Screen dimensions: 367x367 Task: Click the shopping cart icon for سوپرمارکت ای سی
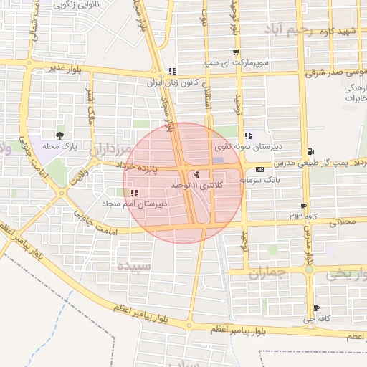(236, 52)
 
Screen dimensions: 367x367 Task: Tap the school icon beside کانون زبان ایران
(171, 71)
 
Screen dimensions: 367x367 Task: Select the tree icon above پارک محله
(59, 135)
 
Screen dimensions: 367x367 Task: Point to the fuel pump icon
(310, 151)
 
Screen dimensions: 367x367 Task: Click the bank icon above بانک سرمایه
(259, 170)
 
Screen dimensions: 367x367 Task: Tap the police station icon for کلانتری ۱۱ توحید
(197, 174)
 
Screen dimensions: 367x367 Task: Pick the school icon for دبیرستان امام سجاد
(134, 193)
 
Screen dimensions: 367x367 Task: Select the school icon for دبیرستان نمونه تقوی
(247, 135)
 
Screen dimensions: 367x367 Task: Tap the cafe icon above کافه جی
(316, 308)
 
